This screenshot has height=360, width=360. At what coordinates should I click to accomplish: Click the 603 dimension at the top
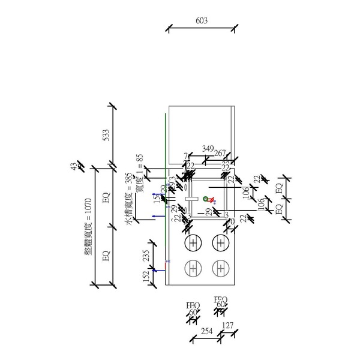click(x=202, y=20)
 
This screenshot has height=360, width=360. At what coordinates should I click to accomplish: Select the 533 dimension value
click(x=106, y=135)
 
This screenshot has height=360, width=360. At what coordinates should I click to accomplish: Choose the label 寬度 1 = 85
click(x=140, y=175)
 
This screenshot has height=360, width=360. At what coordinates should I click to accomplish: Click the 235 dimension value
click(x=145, y=257)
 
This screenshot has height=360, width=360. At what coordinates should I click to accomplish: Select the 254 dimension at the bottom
click(x=206, y=331)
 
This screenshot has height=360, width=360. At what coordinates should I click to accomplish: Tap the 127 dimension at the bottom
click(x=228, y=326)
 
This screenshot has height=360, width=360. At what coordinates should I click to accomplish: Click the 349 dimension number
click(x=208, y=148)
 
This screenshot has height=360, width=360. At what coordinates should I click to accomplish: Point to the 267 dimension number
click(x=220, y=153)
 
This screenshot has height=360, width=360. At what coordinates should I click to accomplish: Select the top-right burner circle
click(x=221, y=242)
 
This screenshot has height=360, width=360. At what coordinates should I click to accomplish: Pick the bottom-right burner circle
click(x=221, y=268)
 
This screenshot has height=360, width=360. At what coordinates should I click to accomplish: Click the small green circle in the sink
click(x=205, y=199)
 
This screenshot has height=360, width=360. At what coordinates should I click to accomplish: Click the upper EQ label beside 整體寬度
click(x=106, y=197)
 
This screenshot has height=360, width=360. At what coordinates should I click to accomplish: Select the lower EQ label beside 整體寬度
click(x=106, y=256)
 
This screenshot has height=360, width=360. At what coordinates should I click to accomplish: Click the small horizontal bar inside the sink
click(x=191, y=197)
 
